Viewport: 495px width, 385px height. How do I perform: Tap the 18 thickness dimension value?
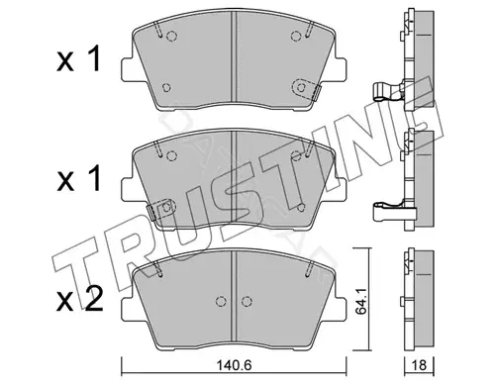click(x=419, y=365)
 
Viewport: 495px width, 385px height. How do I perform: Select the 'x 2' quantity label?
click(x=79, y=301)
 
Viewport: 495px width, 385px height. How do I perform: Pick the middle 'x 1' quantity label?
click(x=78, y=179)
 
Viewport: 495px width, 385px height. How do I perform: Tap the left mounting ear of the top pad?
click(x=130, y=69)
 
